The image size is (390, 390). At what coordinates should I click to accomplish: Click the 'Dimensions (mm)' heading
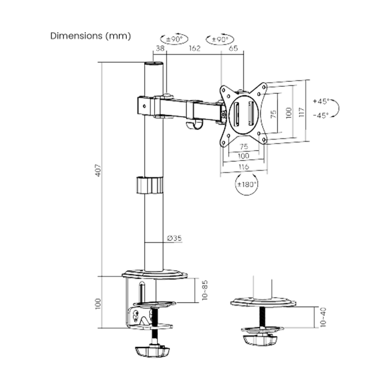pyautogui.click(x=91, y=36)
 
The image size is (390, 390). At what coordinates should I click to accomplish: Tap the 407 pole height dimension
pyautogui.click(x=99, y=170)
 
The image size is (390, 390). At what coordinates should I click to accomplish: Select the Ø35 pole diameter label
pyautogui.click(x=175, y=238)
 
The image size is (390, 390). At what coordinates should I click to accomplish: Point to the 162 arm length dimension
pyautogui.click(x=195, y=48)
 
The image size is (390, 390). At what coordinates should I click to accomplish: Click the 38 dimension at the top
pyautogui.click(x=160, y=48)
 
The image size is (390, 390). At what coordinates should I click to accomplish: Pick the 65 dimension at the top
pyautogui.click(x=233, y=48)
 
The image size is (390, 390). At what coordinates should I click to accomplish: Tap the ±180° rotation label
pyautogui.click(x=247, y=184)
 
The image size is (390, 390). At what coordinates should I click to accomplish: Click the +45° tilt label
pyautogui.click(x=321, y=101)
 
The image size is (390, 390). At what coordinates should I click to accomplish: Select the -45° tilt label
pyautogui.click(x=321, y=115)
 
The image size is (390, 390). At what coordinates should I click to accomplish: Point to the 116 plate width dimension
pyautogui.click(x=244, y=167)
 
